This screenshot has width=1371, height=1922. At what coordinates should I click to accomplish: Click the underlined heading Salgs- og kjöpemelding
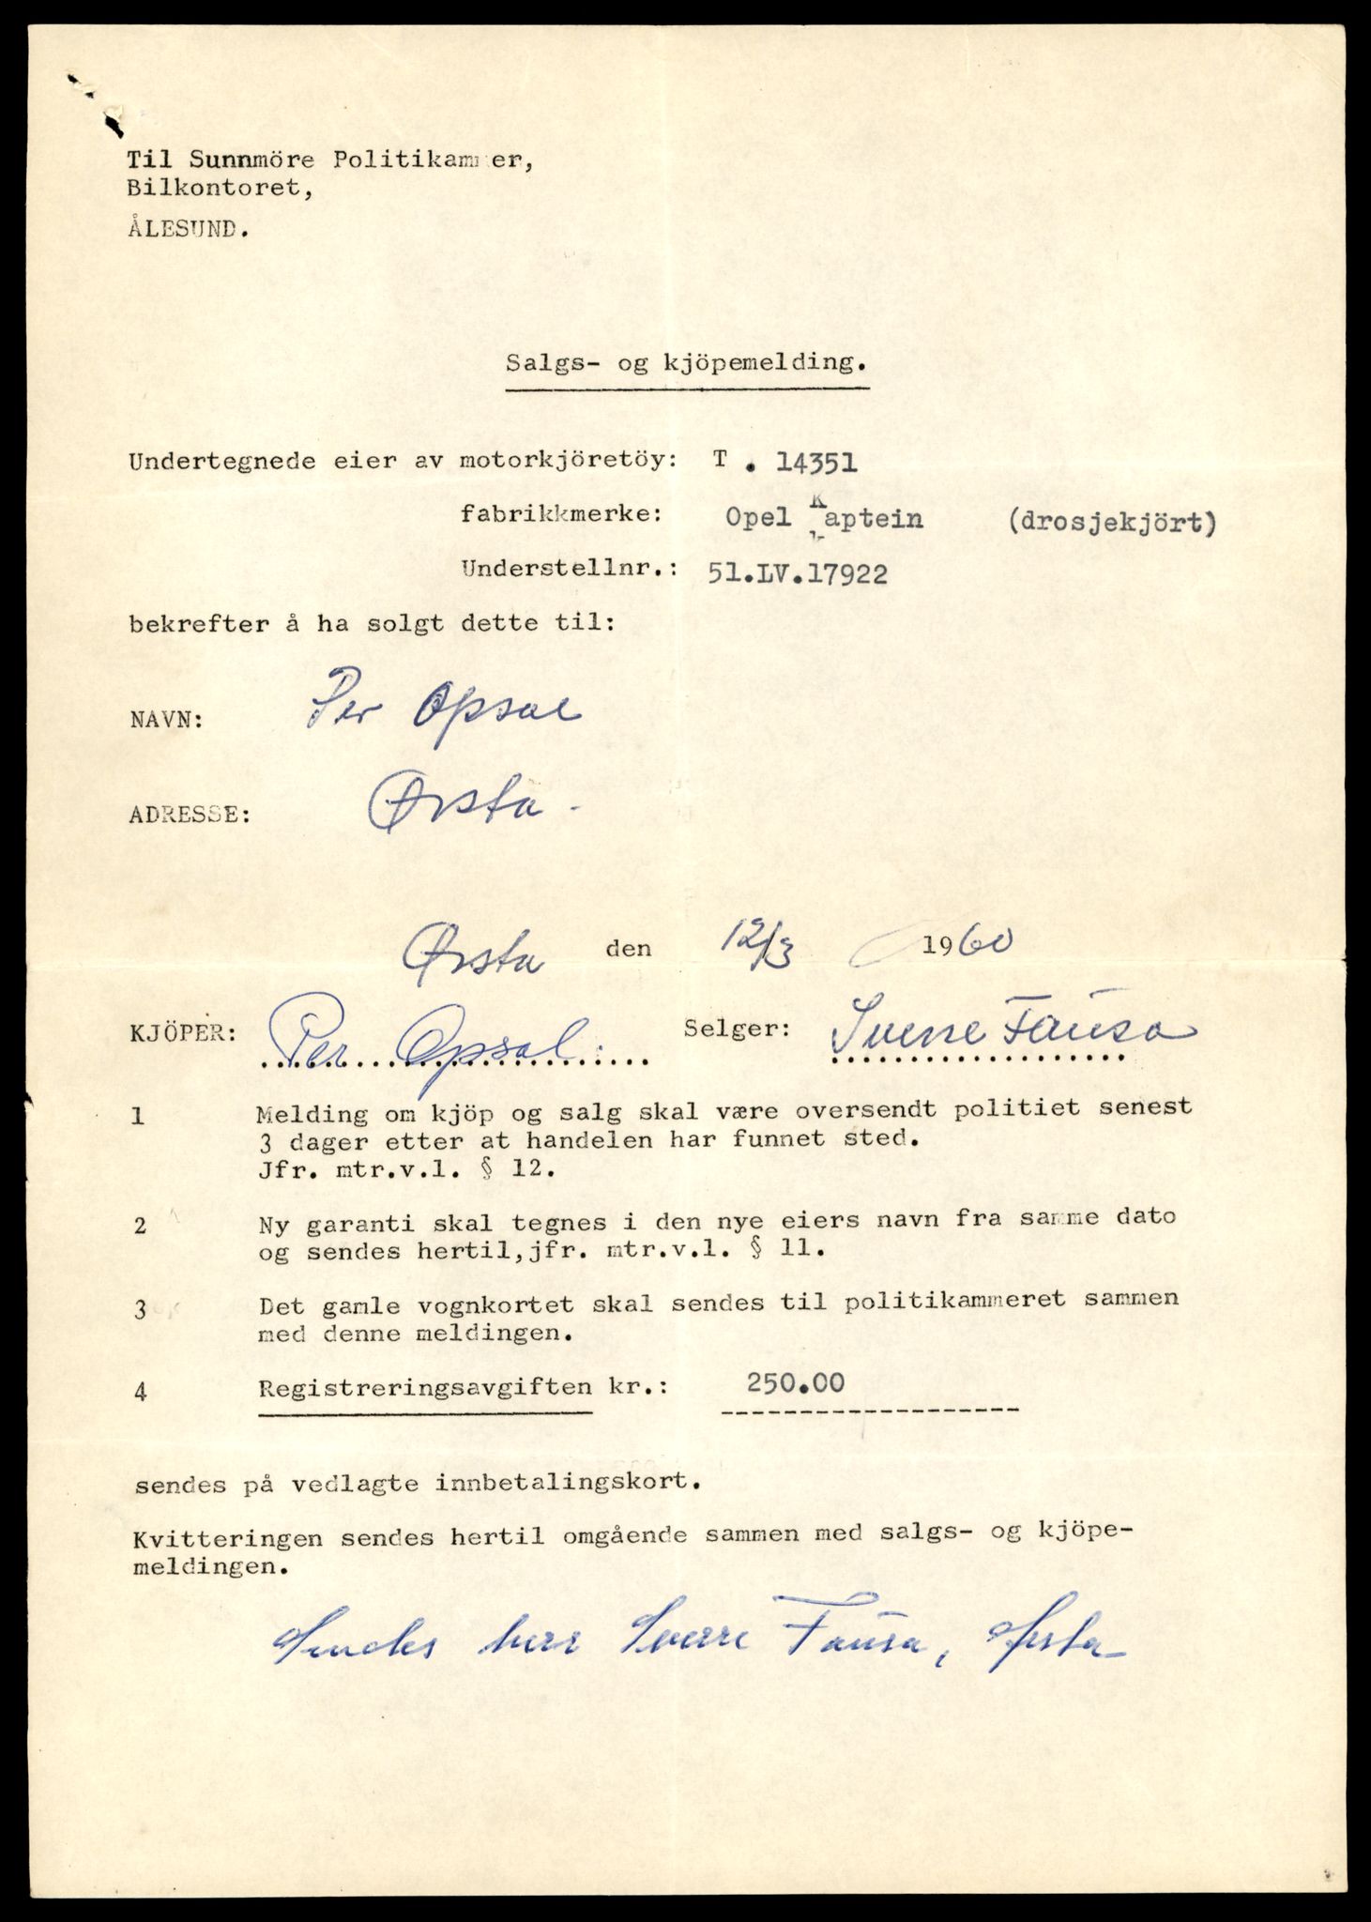[686, 363]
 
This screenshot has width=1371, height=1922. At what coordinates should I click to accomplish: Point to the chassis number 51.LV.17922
[797, 573]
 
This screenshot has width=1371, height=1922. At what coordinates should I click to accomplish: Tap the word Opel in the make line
[758, 518]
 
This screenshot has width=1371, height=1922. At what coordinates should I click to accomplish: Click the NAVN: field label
[168, 721]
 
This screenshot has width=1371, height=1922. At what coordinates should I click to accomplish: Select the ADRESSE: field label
[190, 815]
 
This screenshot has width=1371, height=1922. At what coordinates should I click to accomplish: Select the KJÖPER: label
[183, 1033]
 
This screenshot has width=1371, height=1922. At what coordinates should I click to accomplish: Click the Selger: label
[737, 1029]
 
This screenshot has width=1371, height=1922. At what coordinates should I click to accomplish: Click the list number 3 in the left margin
[140, 1310]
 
